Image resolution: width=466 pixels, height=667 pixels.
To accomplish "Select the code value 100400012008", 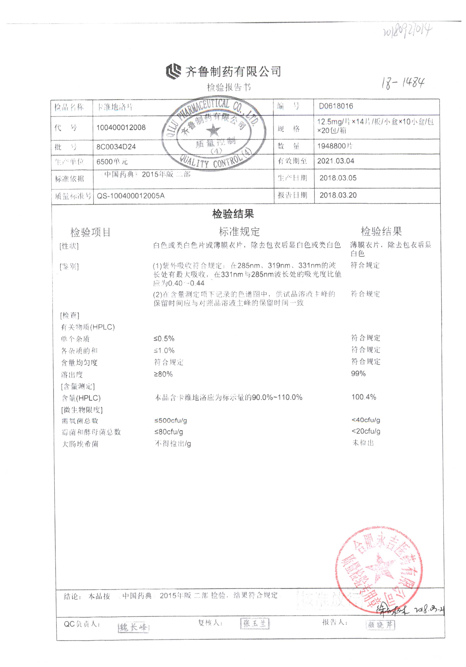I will pyautogui.click(x=121, y=128).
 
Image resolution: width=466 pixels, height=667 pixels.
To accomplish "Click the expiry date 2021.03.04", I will pyautogui.click(x=336, y=161).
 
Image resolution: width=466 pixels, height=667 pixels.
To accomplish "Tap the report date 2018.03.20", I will pyautogui.click(x=338, y=195).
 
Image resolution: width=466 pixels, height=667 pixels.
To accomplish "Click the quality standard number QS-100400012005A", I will pyautogui.click(x=131, y=196).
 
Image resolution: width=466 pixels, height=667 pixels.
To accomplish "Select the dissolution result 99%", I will pyautogui.click(x=358, y=374).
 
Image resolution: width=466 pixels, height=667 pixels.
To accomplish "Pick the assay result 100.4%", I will pyautogui.click(x=364, y=397).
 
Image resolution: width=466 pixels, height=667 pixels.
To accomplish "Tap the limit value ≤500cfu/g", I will pyautogui.click(x=171, y=420).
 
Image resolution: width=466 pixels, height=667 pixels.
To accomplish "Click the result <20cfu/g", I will pyautogui.click(x=366, y=431).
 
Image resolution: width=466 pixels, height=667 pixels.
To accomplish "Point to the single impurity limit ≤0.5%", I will pyautogui.click(x=164, y=339).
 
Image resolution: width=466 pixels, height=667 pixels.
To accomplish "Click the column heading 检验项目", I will pyautogui.click(x=90, y=232).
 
